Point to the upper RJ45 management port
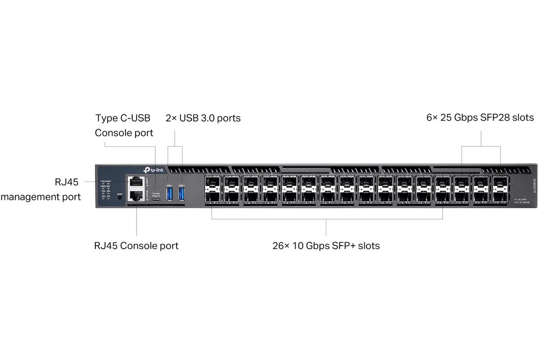[x=135, y=182]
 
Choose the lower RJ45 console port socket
[x=135, y=196]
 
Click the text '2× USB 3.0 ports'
[x=203, y=118]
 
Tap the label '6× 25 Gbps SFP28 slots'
[x=480, y=118]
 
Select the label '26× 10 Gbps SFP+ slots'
[x=326, y=246]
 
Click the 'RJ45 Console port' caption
[x=136, y=246]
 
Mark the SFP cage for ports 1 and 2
[x=212, y=189]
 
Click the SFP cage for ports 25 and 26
[x=442, y=189]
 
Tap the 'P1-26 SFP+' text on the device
[x=522, y=199]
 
